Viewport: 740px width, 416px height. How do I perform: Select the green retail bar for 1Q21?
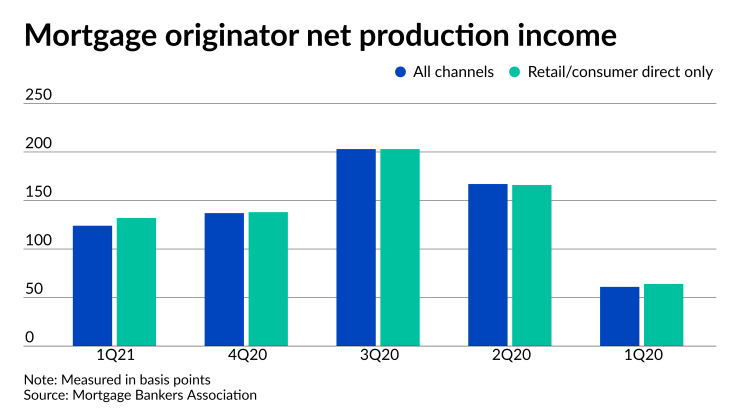(x=136, y=281)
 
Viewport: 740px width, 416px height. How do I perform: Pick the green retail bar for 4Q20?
(x=268, y=278)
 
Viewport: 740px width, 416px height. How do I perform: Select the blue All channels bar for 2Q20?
(x=488, y=264)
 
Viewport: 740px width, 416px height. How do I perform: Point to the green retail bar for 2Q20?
(x=532, y=265)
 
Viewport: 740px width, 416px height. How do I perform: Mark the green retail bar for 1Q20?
(x=664, y=314)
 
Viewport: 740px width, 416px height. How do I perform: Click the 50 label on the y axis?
(x=35, y=289)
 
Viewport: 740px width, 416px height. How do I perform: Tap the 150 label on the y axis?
(x=38, y=192)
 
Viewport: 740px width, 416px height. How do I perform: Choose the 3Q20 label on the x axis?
(x=378, y=355)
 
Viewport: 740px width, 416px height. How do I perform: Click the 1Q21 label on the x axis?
(x=115, y=355)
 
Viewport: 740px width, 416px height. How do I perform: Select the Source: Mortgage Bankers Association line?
(x=140, y=395)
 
